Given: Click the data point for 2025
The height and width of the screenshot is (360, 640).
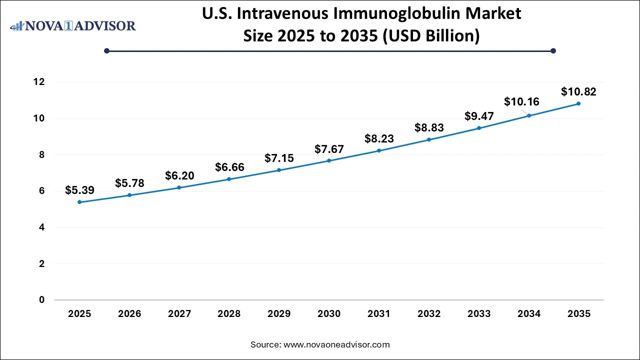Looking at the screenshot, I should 79,202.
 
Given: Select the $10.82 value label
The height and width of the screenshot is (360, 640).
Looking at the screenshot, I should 578,91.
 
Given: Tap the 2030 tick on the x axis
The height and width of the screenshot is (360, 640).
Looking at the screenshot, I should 329,314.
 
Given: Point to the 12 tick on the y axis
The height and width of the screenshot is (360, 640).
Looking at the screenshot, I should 39,82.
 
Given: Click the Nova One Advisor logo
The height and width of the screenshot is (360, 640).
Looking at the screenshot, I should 73,25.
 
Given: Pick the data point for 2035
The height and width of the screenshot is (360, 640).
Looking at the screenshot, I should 578,103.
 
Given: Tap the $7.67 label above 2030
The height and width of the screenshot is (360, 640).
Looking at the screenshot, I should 329,148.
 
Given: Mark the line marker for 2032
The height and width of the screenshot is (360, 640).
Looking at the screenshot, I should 429,139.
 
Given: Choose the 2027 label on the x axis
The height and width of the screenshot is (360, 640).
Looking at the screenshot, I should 179,314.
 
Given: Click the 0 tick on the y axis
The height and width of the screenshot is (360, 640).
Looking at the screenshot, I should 42,300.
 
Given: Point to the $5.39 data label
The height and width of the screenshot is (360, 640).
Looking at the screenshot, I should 79,190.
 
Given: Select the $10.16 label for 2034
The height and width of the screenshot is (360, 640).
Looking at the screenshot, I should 521,102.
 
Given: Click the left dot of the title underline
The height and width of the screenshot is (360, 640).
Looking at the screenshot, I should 106,50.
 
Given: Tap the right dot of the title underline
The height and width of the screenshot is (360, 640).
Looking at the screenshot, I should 553,50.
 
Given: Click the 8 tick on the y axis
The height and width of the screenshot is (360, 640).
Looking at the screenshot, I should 42,155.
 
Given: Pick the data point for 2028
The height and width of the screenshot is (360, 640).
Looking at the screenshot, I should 229,179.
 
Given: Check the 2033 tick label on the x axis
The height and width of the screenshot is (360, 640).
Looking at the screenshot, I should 479,314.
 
